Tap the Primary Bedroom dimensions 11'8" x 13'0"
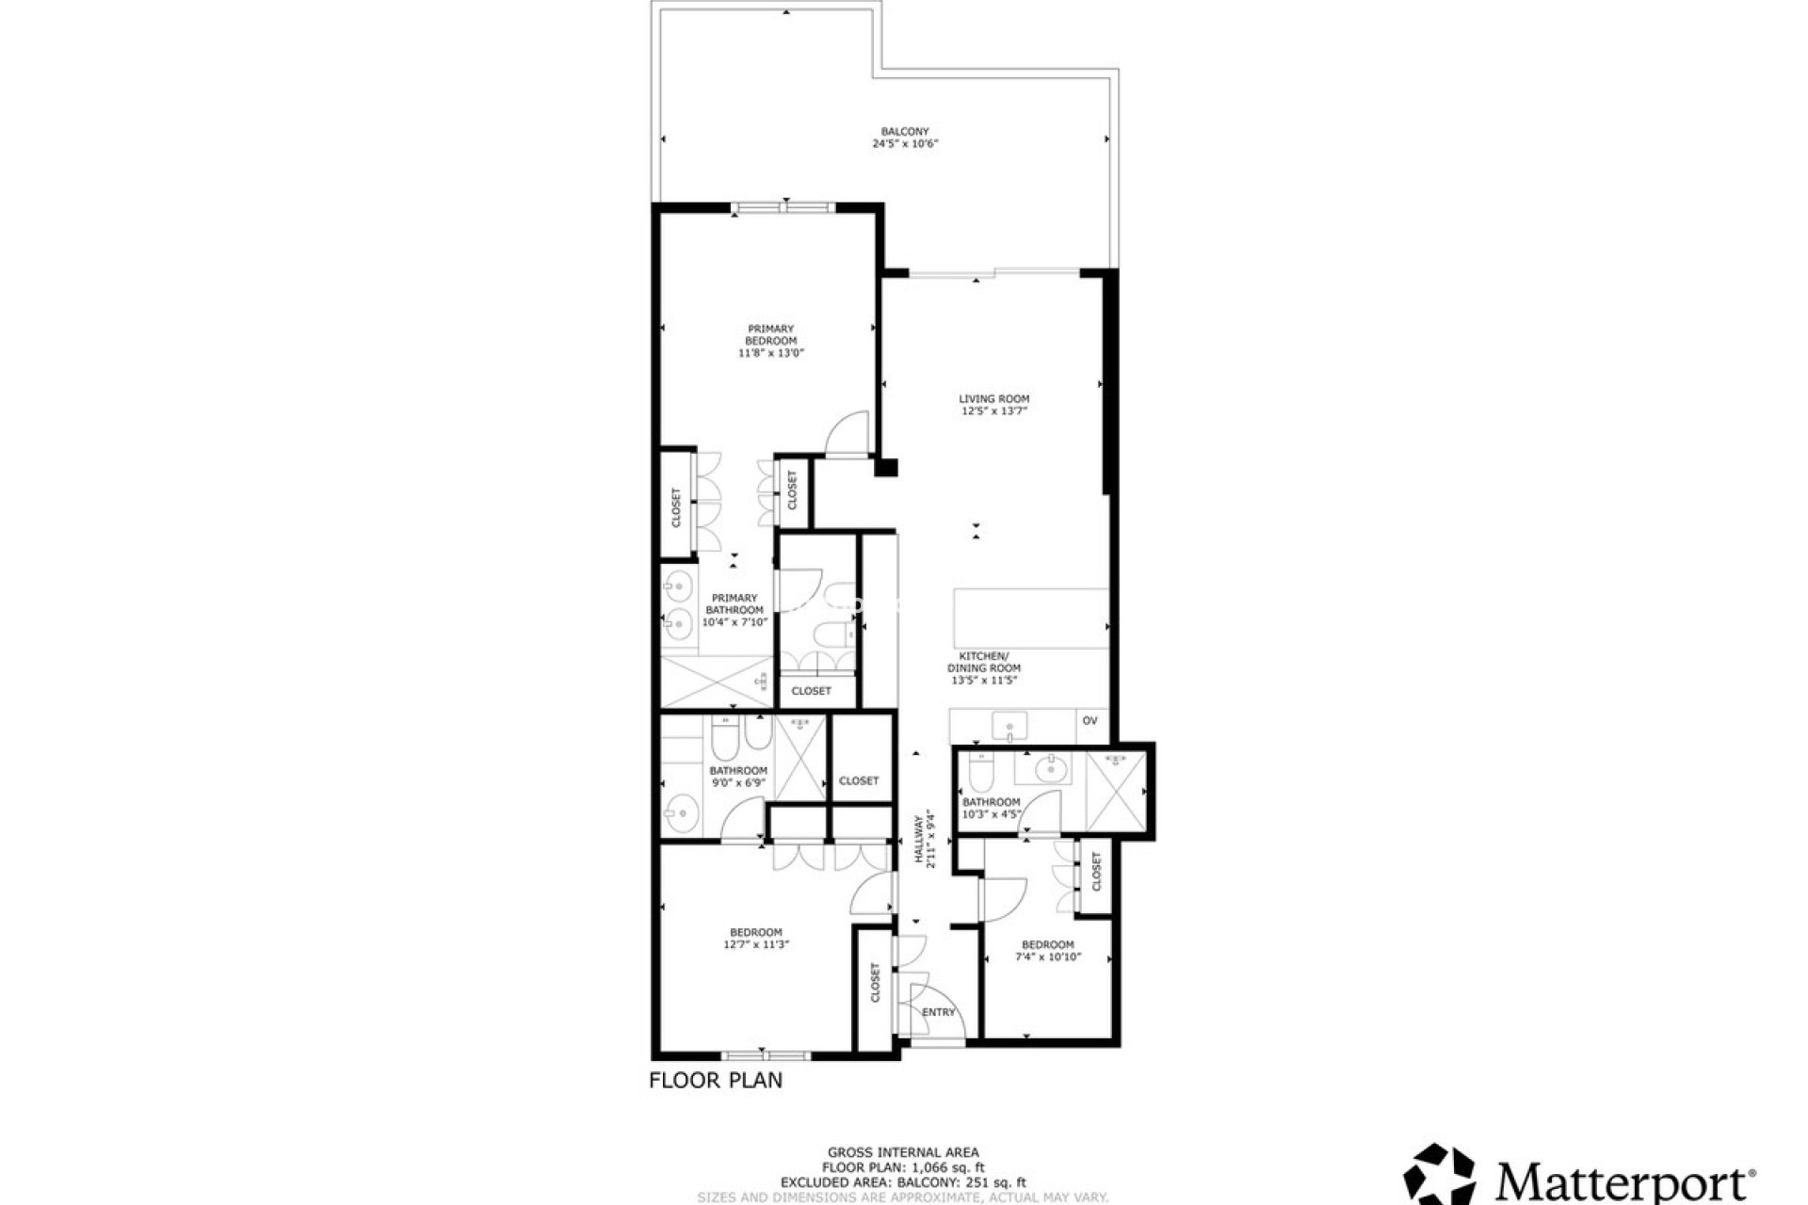point(771,353)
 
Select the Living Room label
point(993,399)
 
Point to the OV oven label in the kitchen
point(1090,721)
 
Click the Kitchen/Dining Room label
point(984,662)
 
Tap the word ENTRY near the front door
point(938,1012)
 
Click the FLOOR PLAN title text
point(716,1080)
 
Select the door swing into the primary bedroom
point(847,435)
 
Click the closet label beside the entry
point(875,982)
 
